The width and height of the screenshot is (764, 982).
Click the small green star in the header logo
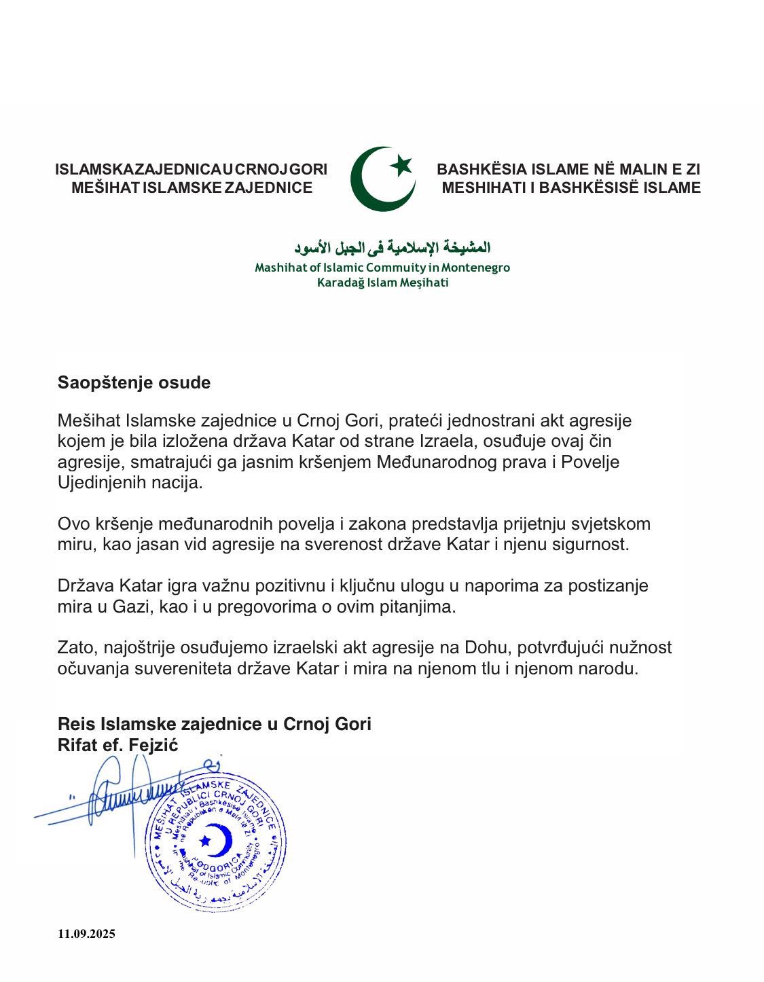(402, 164)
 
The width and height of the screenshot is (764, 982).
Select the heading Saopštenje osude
(134, 382)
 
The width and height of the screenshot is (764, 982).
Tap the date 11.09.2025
(86, 934)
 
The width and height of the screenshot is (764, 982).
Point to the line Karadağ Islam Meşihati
(382, 283)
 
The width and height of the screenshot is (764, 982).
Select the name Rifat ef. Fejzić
(117, 745)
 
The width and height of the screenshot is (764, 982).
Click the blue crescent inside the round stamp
(220, 840)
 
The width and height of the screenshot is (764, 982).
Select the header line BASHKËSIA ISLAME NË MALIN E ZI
(568, 169)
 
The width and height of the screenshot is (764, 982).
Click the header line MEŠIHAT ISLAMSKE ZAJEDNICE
(192, 187)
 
